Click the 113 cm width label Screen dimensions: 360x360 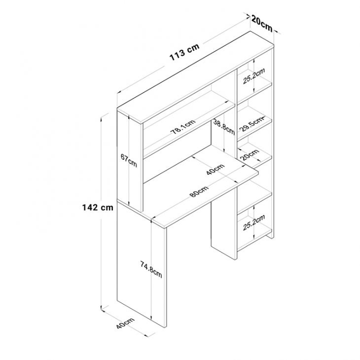point(184,52)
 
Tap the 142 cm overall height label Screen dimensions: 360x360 point(98,208)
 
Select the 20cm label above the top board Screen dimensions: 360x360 point(262,23)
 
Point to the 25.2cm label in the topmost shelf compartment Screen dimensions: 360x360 point(254,76)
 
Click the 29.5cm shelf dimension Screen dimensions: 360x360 point(251,124)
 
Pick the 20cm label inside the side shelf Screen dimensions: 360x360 point(250,154)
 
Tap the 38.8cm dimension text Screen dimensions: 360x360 point(224,127)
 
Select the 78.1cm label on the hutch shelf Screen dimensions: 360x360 point(182,127)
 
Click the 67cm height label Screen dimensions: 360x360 point(129,160)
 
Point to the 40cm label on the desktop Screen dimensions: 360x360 point(215,170)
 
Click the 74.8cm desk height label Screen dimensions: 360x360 point(151,270)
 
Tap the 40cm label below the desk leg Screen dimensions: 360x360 point(125,324)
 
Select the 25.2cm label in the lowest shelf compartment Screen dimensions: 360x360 point(254,222)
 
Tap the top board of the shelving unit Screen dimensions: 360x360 point(195,77)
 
